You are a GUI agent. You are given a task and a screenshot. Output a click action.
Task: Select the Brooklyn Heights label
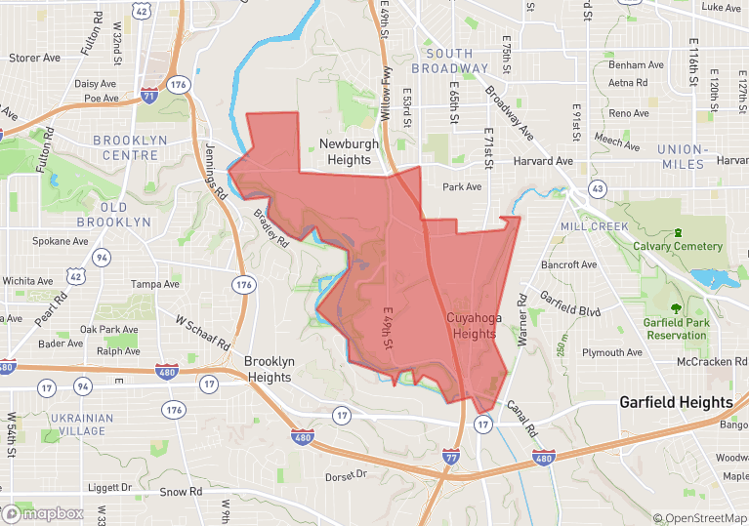[x=269, y=369]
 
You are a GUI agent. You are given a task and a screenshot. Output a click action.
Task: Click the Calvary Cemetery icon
[x=677, y=233]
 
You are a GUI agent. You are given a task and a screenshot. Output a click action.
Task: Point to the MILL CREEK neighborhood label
[x=595, y=226]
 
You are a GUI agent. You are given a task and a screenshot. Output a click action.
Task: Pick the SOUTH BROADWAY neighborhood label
[x=449, y=61]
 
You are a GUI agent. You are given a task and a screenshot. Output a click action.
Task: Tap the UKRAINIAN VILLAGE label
[x=80, y=425]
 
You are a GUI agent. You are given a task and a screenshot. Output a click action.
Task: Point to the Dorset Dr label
[x=346, y=475]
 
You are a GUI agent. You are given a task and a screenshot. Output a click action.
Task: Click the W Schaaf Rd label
[x=202, y=332]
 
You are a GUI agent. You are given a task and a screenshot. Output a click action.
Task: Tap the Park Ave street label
[x=462, y=186]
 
